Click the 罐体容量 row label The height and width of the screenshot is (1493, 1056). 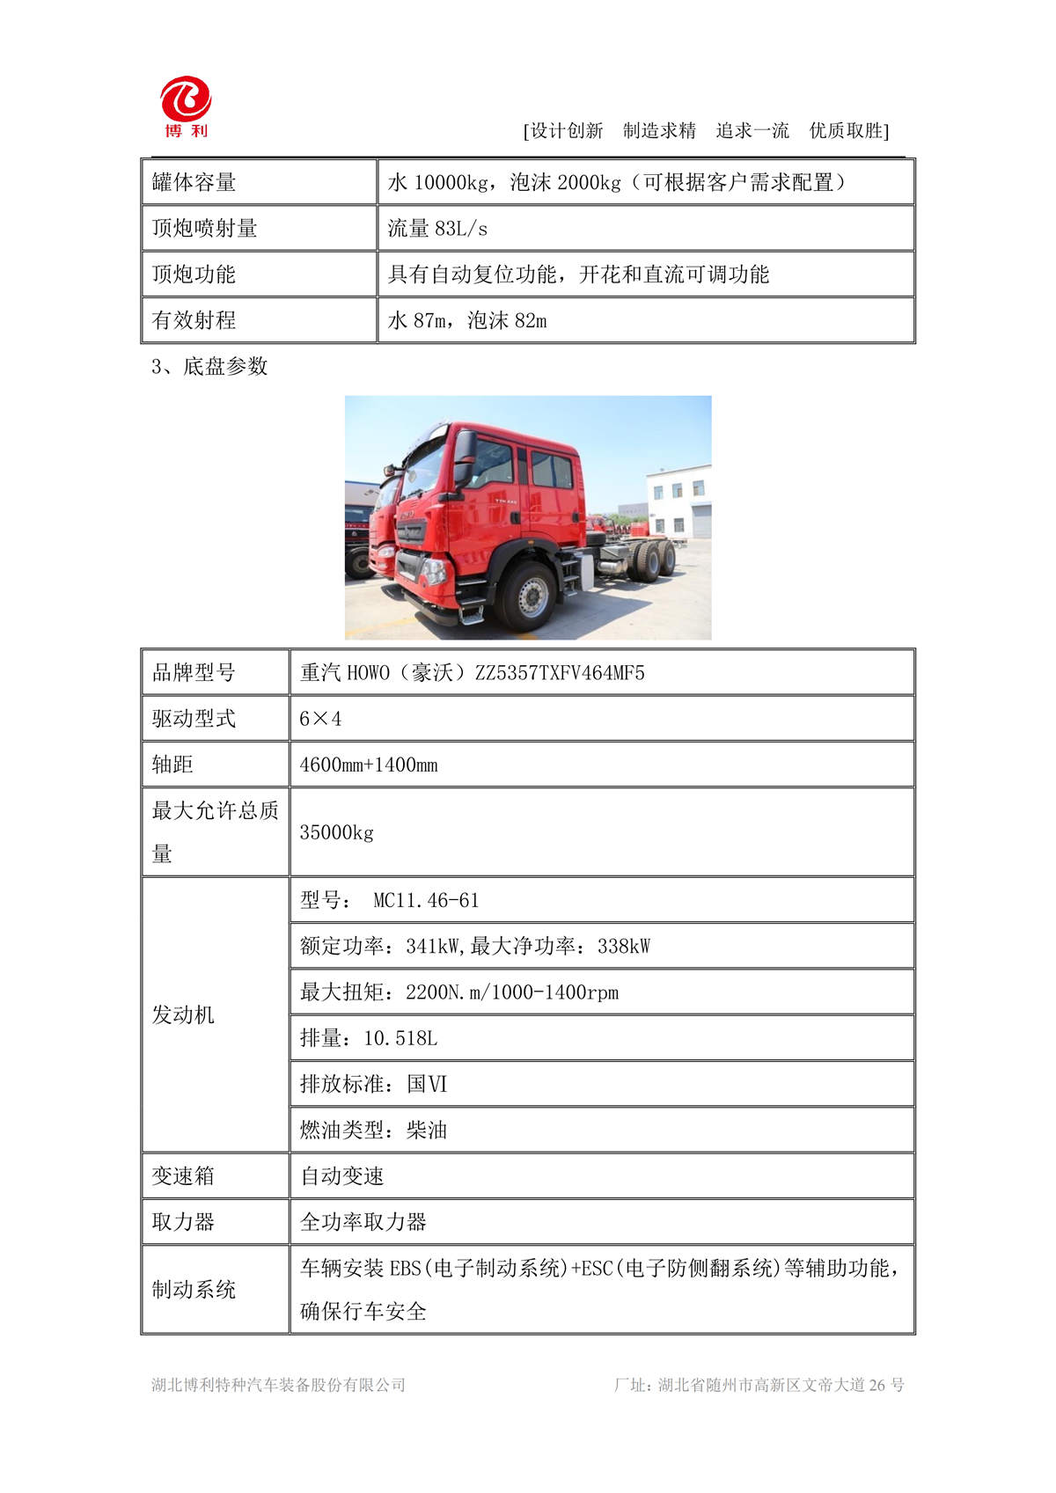pos(194,182)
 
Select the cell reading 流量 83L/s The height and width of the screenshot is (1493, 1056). pos(437,229)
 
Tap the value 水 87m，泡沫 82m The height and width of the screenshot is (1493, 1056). pos(466,320)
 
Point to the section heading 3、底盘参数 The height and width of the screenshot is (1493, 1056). pos(209,367)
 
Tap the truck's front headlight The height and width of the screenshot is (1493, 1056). pos(434,571)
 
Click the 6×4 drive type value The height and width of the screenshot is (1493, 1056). pos(320,719)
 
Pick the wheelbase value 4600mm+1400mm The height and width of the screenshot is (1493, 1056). pos(369,765)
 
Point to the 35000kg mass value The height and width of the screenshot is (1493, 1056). pos(336,832)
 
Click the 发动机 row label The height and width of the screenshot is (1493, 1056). pos(183,1014)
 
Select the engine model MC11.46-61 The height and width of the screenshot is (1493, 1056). pos(426,901)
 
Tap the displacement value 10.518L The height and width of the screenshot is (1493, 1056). pos(400,1038)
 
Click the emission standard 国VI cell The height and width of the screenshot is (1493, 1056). pos(427,1084)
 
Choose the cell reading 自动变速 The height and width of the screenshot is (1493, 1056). pos(342,1176)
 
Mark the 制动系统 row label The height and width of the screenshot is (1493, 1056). pos(194,1290)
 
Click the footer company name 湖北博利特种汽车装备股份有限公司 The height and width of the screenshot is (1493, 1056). pos(278,1385)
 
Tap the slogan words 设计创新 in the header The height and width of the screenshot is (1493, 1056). pos(567,131)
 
